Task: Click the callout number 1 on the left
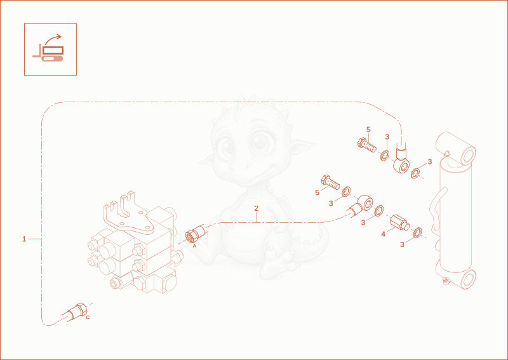tap(24, 239)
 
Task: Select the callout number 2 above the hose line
tap(257, 208)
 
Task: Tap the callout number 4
tap(384, 234)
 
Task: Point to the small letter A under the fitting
tap(194, 246)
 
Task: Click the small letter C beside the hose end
tap(88, 317)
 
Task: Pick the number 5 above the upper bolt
tap(368, 130)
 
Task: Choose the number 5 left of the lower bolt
tap(317, 193)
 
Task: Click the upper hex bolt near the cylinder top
tap(367, 145)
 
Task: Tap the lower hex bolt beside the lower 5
tap(330, 182)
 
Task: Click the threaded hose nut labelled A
tap(195, 234)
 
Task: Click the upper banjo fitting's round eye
tap(402, 166)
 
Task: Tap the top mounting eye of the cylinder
tap(457, 147)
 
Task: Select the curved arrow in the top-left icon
tap(53, 39)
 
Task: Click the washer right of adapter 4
tap(418, 232)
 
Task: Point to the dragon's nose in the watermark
tap(240, 167)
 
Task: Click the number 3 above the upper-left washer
tap(387, 137)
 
